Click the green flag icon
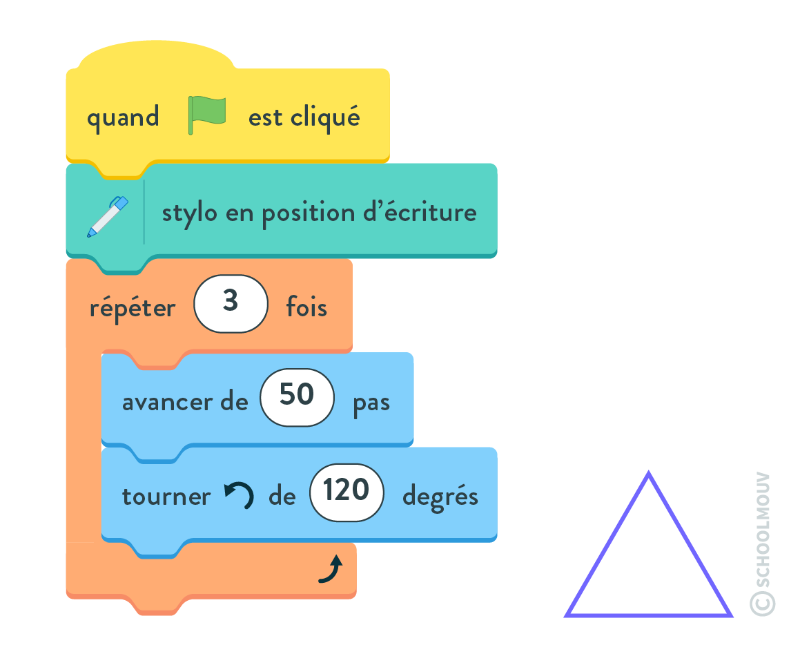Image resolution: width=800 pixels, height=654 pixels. [206, 115]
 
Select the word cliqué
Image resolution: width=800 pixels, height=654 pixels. [326, 117]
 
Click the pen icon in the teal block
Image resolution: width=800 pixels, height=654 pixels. [108, 216]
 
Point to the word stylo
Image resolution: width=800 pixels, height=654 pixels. [189, 213]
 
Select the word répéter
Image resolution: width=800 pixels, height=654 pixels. [133, 308]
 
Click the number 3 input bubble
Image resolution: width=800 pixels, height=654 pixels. [231, 304]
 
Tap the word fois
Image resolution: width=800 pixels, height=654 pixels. [306, 307]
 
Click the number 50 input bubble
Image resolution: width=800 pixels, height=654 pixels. [297, 397]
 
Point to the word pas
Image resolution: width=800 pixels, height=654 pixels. [371, 403]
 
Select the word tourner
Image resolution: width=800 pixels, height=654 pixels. [166, 497]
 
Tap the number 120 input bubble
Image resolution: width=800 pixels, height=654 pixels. [347, 492]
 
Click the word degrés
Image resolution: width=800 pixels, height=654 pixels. [440, 497]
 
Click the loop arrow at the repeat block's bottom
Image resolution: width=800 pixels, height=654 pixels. [331, 568]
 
